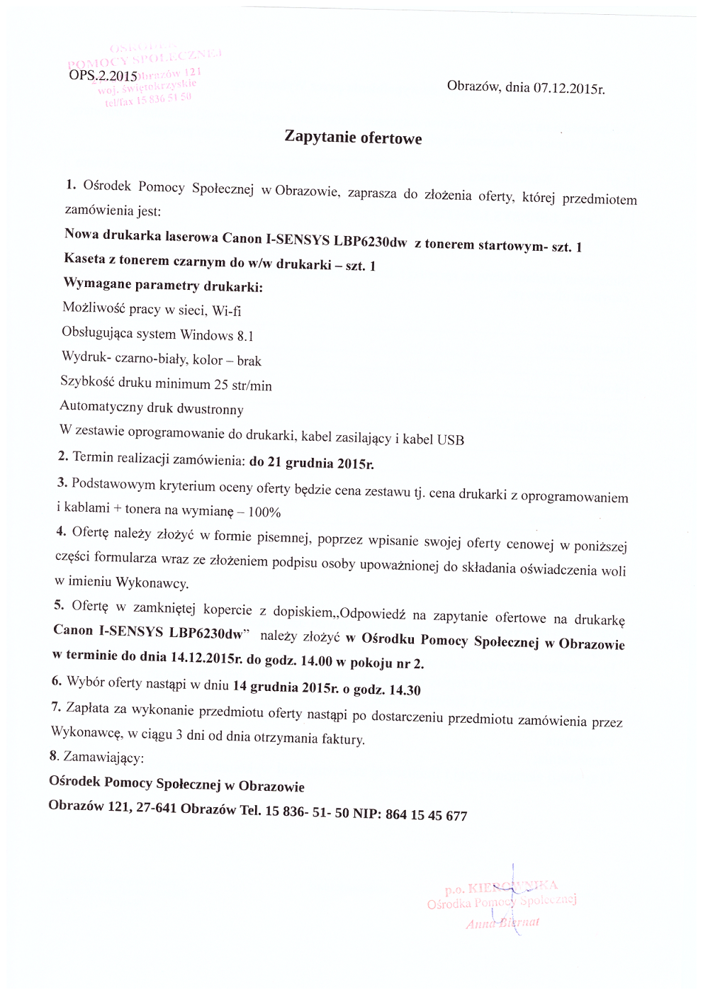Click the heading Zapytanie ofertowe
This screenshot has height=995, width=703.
(x=353, y=137)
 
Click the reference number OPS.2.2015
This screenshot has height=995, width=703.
(x=103, y=75)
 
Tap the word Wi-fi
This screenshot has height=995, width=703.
(x=227, y=310)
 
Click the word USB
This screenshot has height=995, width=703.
(x=450, y=439)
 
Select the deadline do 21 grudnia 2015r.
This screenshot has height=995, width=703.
(x=311, y=463)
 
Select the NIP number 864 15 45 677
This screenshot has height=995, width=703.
(x=426, y=814)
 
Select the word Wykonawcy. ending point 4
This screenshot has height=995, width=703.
(x=152, y=584)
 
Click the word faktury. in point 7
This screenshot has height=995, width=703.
(x=343, y=740)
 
